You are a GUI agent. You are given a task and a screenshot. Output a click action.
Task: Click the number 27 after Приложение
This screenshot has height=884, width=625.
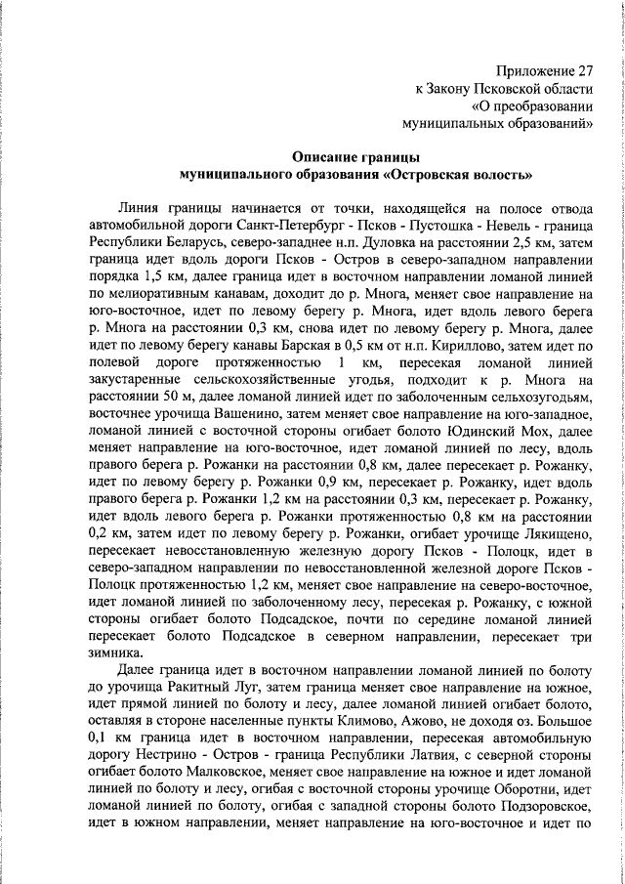click(583, 71)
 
